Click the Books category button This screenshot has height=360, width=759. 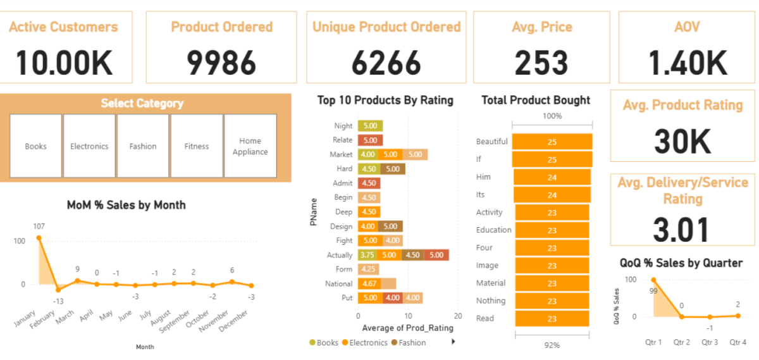click(x=35, y=146)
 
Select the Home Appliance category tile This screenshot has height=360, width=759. click(x=250, y=146)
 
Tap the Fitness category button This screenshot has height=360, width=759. click(x=196, y=146)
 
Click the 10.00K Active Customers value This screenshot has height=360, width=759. click(x=64, y=63)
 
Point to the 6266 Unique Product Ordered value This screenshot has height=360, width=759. click(x=386, y=63)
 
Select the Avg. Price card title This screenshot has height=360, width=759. click(x=542, y=27)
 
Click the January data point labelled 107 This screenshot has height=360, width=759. click(x=39, y=238)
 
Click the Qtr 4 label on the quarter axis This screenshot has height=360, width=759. click(x=737, y=342)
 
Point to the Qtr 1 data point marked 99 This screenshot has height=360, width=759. click(x=653, y=280)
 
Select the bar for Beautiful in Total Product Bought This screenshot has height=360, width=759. click(x=552, y=142)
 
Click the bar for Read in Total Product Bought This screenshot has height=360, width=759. click(x=552, y=318)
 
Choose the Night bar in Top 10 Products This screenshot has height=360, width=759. click(x=370, y=126)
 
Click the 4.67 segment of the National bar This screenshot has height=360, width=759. click(x=369, y=283)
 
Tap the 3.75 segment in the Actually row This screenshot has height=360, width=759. click(x=367, y=255)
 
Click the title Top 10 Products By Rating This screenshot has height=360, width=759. click(x=385, y=100)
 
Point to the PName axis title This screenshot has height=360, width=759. click(x=314, y=211)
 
